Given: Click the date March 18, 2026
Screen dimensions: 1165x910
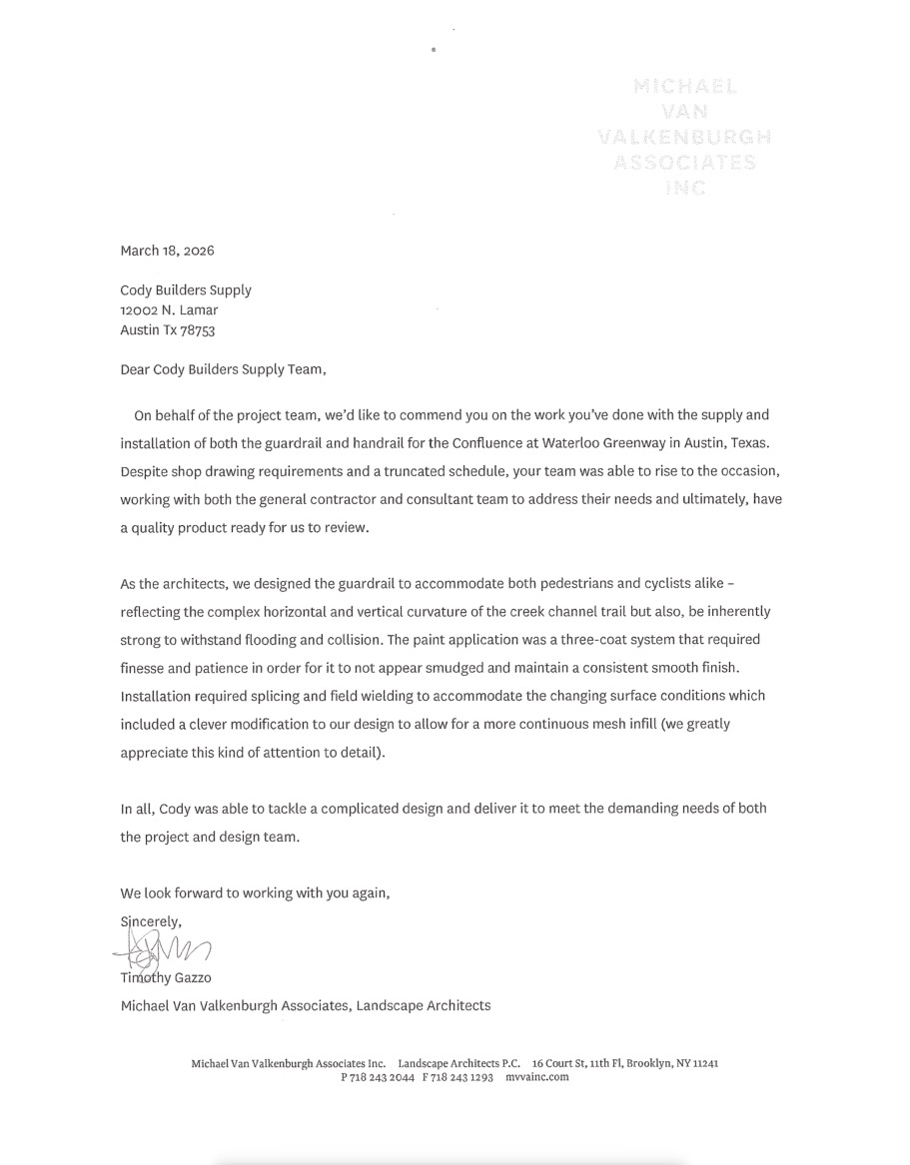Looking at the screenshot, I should tap(167, 251).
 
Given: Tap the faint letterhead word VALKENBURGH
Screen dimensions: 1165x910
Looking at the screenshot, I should tap(683, 137).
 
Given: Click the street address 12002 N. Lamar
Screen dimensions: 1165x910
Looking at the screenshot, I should tap(169, 310).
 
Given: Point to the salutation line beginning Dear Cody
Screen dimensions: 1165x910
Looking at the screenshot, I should tap(223, 369).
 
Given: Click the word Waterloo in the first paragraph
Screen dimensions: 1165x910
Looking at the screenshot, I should tap(544, 440).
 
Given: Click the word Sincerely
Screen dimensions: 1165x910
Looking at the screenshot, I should tap(151, 921).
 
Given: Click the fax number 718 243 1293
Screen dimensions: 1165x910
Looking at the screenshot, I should tap(461, 1078).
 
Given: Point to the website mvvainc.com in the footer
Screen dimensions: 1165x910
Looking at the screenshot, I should tap(536, 1078).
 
